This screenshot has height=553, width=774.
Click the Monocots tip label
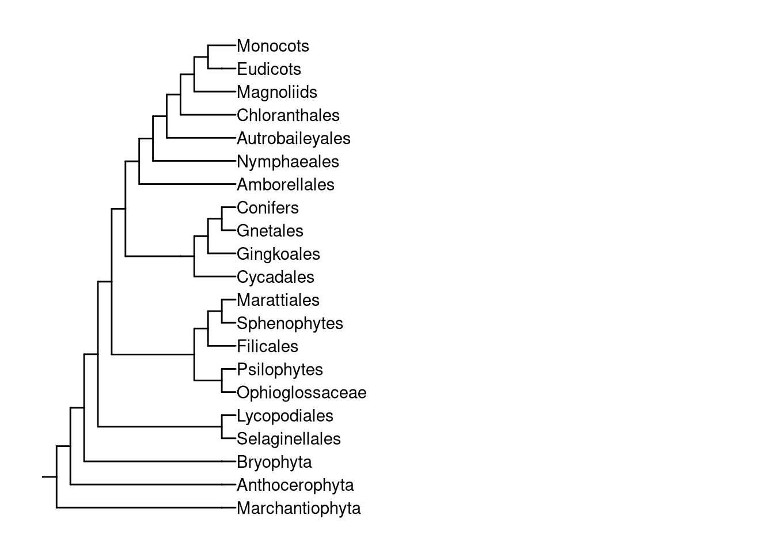[x=272, y=46]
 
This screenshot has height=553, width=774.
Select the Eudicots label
[x=268, y=69]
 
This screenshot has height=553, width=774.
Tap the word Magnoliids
[x=276, y=92]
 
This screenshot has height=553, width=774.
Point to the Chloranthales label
[x=288, y=115]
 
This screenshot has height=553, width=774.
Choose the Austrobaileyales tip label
[x=293, y=138]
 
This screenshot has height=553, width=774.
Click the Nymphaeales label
[x=287, y=161]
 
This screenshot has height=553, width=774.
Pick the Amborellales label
[x=285, y=184]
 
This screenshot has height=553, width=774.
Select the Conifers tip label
[x=267, y=207]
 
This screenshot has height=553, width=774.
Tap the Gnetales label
[x=270, y=230]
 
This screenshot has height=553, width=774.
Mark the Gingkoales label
[x=278, y=253]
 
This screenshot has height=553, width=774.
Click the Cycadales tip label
[x=275, y=277]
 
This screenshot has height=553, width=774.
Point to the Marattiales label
[x=278, y=300]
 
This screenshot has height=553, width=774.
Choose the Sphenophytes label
[x=290, y=323]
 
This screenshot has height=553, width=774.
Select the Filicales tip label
[x=267, y=346]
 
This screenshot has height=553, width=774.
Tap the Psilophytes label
[x=279, y=369]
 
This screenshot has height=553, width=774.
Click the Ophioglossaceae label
[x=301, y=392]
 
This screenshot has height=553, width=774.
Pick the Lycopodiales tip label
[x=284, y=415]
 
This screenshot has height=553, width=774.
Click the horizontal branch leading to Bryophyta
[x=153, y=461]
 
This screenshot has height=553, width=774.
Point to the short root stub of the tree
[x=49, y=477]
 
